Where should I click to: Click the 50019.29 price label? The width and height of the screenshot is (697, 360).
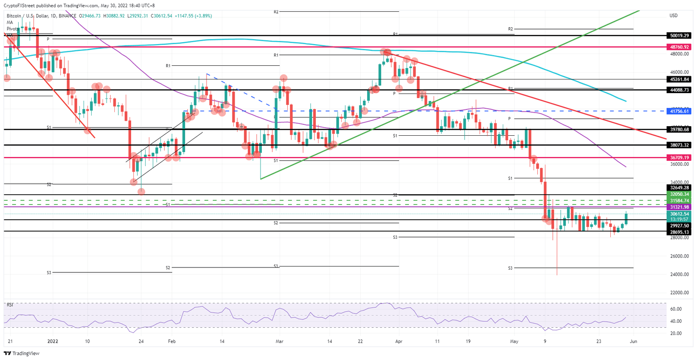point(679,35)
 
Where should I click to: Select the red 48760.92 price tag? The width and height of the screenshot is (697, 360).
point(679,47)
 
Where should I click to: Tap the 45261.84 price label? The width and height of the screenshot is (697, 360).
point(679,79)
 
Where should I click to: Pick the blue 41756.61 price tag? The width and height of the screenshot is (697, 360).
point(679,111)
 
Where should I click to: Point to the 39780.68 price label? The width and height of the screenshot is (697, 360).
point(679,129)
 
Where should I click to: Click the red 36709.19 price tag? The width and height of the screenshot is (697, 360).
point(679,158)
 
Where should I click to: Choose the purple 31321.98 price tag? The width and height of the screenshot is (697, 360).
point(679,207)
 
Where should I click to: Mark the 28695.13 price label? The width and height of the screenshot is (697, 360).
point(679,232)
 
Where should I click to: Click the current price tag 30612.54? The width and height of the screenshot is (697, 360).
point(679,213)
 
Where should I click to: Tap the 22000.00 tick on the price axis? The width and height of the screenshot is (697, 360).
point(679,293)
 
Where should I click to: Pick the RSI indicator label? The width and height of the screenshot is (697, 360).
point(10,305)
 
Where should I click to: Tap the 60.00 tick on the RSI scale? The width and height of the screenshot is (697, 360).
point(676,309)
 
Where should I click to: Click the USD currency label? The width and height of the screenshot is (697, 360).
point(674,15)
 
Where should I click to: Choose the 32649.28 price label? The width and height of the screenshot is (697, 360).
point(679,187)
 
